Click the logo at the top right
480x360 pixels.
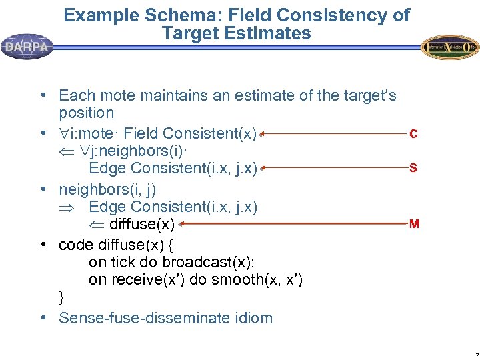click(450, 47)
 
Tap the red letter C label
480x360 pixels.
click(414, 135)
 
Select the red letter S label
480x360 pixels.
click(413, 168)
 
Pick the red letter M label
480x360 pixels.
click(414, 224)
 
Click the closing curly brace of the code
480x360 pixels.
click(62, 297)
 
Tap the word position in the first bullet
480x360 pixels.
click(87, 113)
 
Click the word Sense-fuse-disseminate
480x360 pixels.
click(140, 317)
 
